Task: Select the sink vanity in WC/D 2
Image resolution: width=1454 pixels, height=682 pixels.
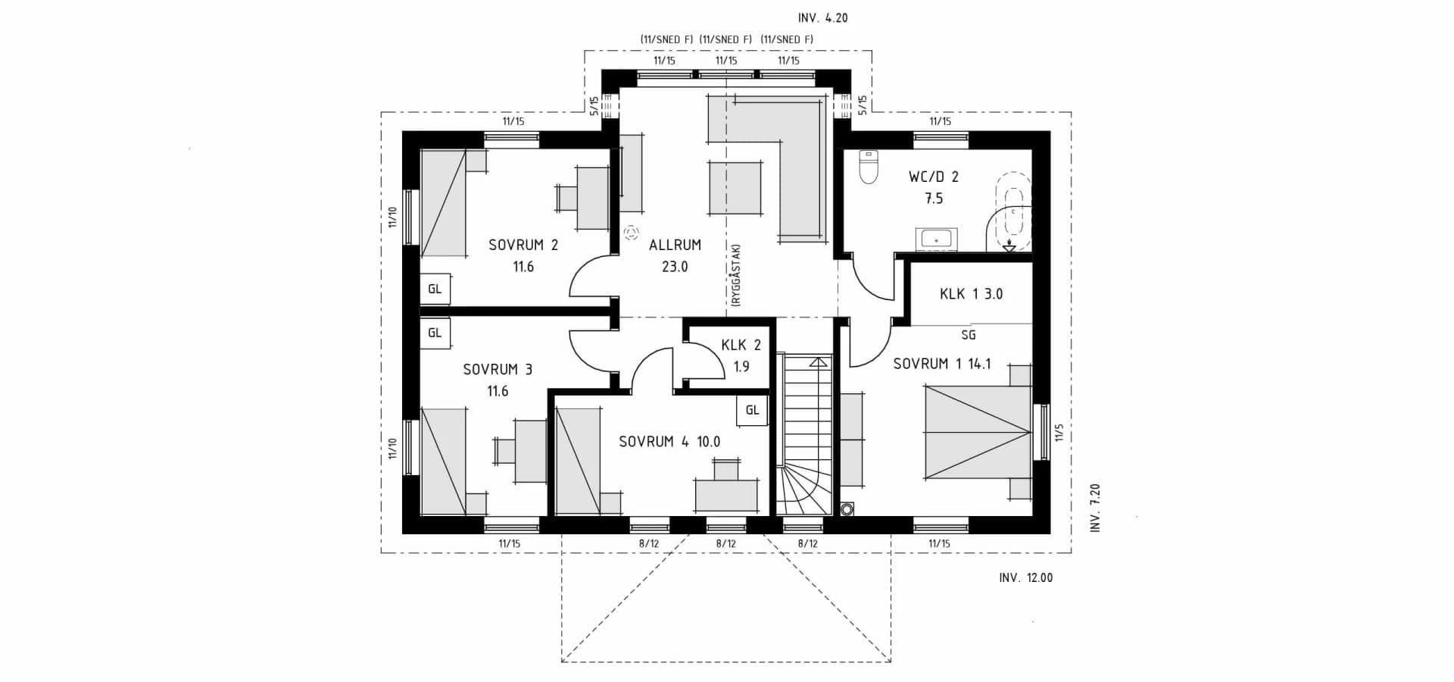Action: click(937, 239)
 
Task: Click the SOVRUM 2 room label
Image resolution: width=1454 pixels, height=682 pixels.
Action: click(523, 245)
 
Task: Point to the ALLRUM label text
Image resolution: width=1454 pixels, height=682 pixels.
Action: click(675, 245)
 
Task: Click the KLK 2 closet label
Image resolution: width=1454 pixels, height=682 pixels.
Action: click(741, 346)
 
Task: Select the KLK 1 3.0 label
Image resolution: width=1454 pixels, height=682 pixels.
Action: click(971, 294)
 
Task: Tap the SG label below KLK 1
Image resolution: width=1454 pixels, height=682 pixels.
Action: click(968, 335)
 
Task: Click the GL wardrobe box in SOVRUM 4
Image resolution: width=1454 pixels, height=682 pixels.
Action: click(752, 410)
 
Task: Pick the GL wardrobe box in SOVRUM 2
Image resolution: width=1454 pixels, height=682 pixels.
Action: click(435, 289)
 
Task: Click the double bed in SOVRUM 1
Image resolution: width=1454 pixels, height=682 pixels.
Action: click(977, 432)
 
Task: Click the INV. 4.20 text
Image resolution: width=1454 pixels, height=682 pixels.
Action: click(822, 18)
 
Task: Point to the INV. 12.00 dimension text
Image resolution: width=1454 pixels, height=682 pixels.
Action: click(1025, 578)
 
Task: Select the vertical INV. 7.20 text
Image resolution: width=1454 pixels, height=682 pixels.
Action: click(1094, 508)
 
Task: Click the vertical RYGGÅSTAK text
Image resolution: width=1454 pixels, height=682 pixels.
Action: click(735, 274)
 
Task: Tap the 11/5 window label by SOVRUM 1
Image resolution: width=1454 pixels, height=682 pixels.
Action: click(1059, 432)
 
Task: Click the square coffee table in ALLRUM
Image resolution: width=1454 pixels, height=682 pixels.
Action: click(735, 189)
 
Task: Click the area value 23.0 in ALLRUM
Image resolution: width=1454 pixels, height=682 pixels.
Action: click(675, 267)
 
